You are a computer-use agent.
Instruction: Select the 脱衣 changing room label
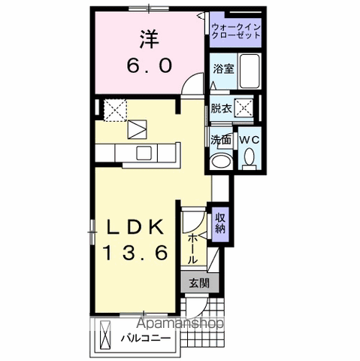pyautogui.click(x=221, y=108)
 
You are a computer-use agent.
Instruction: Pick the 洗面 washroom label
pyautogui.click(x=220, y=140)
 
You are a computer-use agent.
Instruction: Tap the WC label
pyautogui.click(x=249, y=140)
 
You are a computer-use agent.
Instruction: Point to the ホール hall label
pyautogui.click(x=192, y=245)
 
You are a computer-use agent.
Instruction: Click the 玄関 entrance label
pyautogui.click(x=199, y=284)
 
